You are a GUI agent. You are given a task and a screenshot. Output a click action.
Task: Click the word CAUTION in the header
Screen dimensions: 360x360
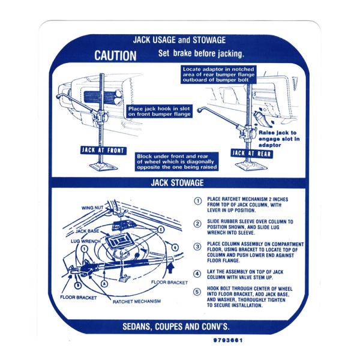[x=115, y=56]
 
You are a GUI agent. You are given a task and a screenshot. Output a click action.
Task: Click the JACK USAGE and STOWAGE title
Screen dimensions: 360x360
[x=179, y=40]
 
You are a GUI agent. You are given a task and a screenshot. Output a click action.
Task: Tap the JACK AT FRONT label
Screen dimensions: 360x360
[x=103, y=151]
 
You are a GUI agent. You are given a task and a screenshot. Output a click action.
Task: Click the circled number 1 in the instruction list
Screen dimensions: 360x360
[x=197, y=201]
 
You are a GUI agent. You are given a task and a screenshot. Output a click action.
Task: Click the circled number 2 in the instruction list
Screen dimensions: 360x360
[x=197, y=223]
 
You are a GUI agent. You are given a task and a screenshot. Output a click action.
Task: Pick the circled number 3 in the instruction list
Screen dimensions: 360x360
[x=197, y=246]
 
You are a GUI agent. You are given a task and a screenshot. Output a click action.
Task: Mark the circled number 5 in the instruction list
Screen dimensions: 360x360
[x=197, y=292]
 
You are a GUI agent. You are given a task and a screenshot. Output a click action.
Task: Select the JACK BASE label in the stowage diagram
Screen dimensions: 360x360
[x=88, y=231]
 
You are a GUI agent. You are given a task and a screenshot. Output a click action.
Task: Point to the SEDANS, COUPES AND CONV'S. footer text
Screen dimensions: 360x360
[x=176, y=327]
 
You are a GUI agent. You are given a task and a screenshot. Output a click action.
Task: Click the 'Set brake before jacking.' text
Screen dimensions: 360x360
[x=201, y=54]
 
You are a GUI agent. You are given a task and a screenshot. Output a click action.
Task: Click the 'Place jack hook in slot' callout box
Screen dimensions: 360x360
[x=160, y=111]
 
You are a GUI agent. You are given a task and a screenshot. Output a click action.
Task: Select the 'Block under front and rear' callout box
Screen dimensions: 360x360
[x=177, y=161]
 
